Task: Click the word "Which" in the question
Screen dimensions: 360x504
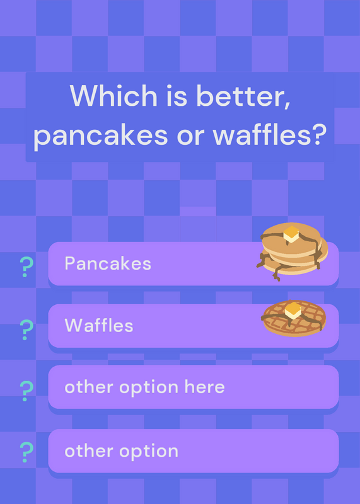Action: [x=113, y=95]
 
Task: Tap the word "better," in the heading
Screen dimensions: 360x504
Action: [x=244, y=96]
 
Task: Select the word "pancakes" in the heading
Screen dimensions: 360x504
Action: [x=101, y=135]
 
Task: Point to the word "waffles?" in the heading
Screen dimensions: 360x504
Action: [x=270, y=134]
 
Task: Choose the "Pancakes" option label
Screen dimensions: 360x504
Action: [x=108, y=263]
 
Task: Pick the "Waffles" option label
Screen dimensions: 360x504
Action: [x=99, y=325]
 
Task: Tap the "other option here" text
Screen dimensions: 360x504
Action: [x=145, y=387]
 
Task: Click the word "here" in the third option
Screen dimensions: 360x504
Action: [x=205, y=386]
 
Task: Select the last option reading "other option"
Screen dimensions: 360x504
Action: [x=122, y=452]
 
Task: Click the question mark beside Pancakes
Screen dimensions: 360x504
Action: [x=26, y=266]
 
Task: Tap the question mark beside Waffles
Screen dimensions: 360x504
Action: [x=26, y=329]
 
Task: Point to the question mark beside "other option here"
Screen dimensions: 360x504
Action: [x=26, y=391]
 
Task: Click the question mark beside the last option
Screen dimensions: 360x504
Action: [x=26, y=452]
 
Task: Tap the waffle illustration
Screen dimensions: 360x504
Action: [x=294, y=318]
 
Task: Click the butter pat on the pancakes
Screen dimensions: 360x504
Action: [x=291, y=234]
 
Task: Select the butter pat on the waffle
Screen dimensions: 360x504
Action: [x=293, y=311]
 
